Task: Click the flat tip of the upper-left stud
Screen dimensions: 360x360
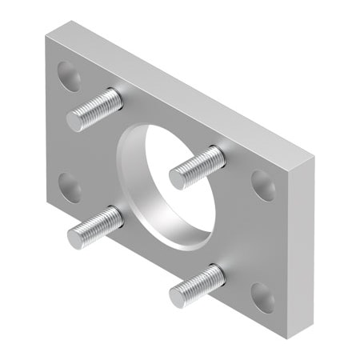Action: (x=76, y=121)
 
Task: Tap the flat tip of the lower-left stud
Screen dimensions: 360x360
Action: (x=76, y=237)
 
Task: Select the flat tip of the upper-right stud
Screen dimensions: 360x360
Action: (x=178, y=178)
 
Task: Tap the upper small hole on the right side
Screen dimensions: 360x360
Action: (x=263, y=186)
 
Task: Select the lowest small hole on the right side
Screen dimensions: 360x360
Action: (x=263, y=297)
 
